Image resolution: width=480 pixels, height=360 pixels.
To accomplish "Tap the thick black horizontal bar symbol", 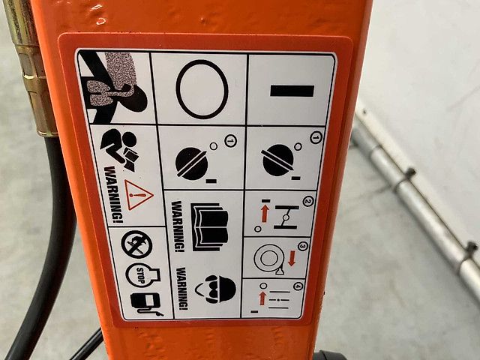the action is tap(292, 91).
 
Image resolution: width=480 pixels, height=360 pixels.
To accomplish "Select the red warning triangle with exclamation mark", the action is tap(138, 195).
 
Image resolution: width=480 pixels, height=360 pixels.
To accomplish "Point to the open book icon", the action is tap(210, 226).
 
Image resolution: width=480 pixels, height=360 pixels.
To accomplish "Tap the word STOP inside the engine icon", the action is tap(140, 275).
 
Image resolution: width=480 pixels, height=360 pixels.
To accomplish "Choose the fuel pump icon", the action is tap(145, 303).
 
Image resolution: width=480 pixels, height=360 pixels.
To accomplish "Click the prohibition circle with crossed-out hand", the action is tap(136, 244).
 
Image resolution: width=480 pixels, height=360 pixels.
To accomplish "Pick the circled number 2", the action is tap(308, 201).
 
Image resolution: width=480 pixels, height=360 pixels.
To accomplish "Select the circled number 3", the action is tap(302, 246).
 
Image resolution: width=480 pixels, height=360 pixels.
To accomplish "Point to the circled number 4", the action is tap(298, 286).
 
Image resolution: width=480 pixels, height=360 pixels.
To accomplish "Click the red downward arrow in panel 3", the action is tap(292, 258).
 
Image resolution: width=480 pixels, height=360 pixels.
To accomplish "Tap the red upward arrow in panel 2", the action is tap(265, 213).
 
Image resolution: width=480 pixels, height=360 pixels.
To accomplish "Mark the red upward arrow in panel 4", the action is tap(262, 298).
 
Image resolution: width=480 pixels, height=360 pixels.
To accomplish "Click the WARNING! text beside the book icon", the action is tap(178, 226).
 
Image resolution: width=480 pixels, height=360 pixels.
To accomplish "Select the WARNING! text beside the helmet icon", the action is tap(182, 288).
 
